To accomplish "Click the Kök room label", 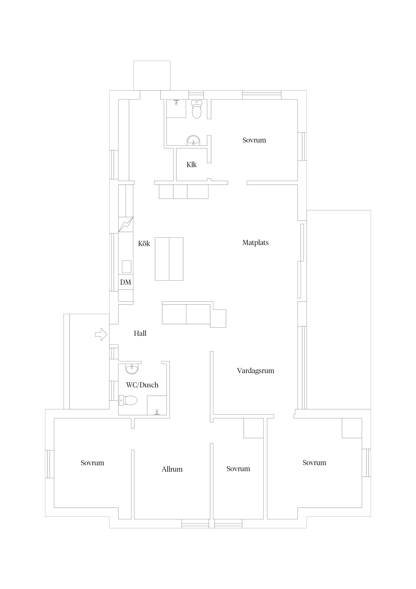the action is coord(144,243).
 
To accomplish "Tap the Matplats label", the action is coord(255,243).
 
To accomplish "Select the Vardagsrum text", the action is coord(255,371).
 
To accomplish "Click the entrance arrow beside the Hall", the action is coord(101,334).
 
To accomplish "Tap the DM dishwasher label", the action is coord(126,282).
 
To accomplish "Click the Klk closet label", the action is coord(191,165).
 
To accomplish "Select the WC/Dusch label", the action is coord(142,385).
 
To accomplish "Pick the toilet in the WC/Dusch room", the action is coord(128,400).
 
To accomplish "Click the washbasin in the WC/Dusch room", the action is coord(132,369).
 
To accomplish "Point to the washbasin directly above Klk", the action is coord(193,141).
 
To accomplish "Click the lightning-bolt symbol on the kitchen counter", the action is coord(126,224).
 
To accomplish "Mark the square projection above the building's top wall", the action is coord(152,76).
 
